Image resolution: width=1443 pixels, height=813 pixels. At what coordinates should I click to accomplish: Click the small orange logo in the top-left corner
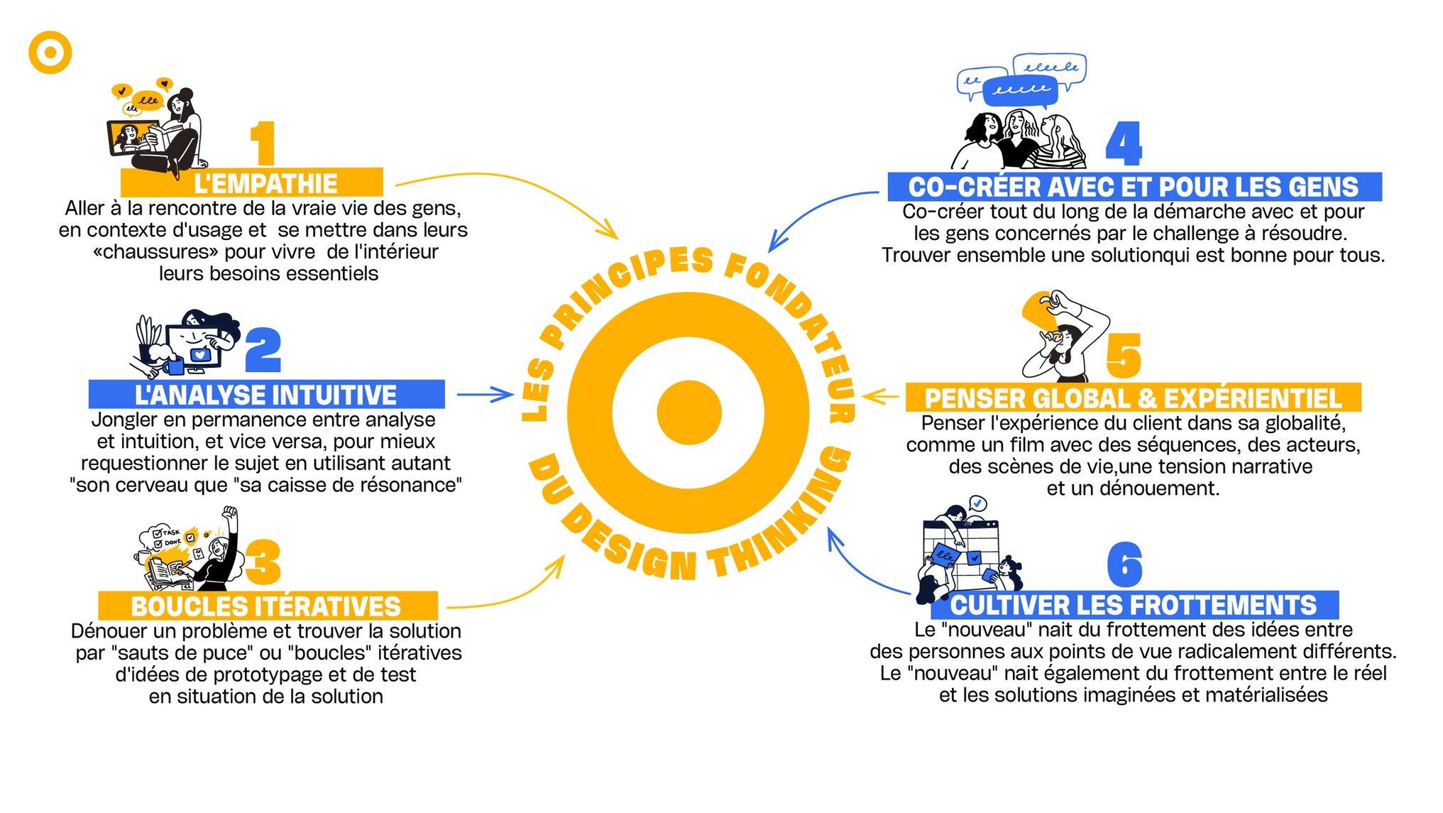coord(50,52)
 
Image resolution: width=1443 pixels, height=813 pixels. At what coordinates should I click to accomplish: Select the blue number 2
coord(263,350)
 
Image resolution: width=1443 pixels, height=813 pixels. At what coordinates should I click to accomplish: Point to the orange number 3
coord(263,562)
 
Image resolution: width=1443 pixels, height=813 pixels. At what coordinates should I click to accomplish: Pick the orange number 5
coord(1124,356)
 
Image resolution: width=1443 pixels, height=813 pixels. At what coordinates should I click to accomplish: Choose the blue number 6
coord(1125,564)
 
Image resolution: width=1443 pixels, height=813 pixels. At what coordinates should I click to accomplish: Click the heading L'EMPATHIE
coord(265,184)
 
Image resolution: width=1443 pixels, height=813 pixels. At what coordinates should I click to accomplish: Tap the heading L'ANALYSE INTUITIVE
coord(265,395)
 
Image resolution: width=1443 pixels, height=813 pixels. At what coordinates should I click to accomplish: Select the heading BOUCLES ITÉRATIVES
coord(266,606)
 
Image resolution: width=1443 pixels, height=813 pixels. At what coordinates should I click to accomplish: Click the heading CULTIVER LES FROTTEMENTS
coord(1134,605)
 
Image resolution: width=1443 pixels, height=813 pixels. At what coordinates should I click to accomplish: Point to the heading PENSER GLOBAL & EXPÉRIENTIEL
coord(1133,398)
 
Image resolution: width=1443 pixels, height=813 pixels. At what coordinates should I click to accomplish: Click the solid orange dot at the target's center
coord(688,413)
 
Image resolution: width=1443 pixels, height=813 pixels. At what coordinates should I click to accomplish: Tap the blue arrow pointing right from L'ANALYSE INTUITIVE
coord(485,394)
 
